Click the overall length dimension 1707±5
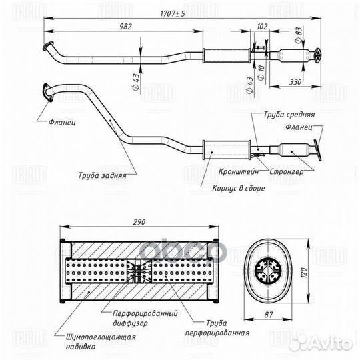pos(172,14)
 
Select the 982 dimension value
pos(126,27)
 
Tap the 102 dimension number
pos(262,27)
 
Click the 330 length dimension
pos(295,82)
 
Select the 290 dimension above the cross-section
pos(139,222)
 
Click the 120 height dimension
pos(303,273)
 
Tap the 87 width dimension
pos(268,315)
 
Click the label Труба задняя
pos(103,175)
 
